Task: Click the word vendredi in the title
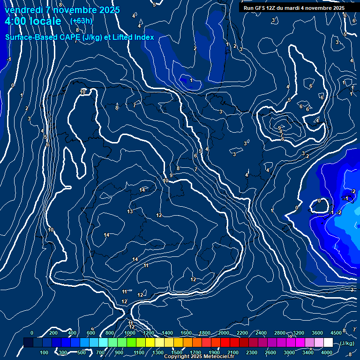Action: (25, 10)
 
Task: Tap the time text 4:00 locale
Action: (33, 21)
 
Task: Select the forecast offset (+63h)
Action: (81, 21)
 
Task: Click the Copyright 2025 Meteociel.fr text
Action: (199, 357)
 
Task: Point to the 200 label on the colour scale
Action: (53, 333)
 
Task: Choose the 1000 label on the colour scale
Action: (130, 333)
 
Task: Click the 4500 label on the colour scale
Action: (336, 333)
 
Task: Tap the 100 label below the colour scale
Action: (44, 352)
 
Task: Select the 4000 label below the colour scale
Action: (327, 352)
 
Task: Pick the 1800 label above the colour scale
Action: (205, 333)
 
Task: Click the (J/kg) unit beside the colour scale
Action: (347, 343)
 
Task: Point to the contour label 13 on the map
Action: (130, 212)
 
